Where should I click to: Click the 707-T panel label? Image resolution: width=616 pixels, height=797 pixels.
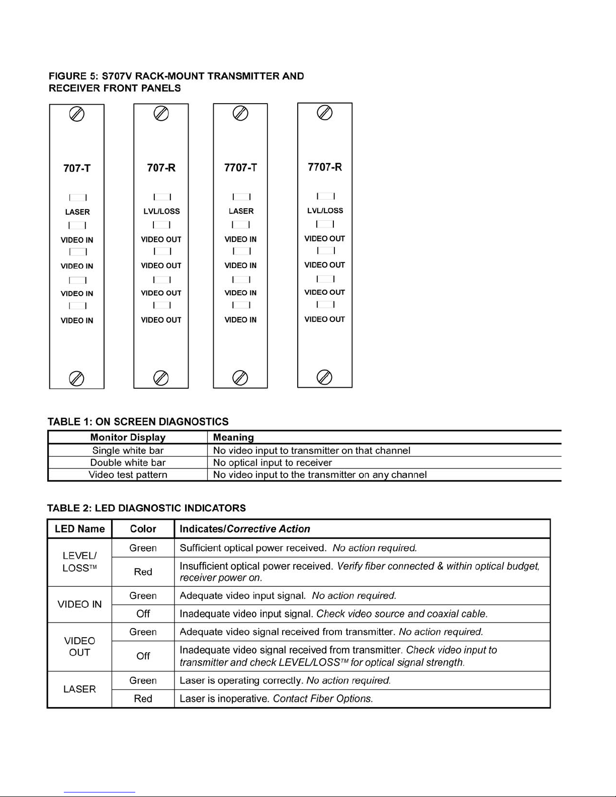tap(77, 168)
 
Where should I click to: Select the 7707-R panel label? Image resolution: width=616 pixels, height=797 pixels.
tap(325, 167)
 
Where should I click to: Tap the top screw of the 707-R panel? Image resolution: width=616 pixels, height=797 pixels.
tap(161, 114)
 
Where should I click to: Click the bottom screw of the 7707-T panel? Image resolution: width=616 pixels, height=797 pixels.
tap(240, 378)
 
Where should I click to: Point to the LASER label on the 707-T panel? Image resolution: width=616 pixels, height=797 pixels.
tap(77, 212)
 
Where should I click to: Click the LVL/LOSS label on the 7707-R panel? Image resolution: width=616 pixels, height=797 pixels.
tap(325, 211)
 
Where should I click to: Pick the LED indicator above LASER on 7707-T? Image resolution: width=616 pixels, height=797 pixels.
tap(241, 197)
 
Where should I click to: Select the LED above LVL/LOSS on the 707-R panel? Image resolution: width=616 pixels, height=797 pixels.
tap(162, 197)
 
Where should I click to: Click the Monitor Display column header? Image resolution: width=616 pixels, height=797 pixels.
tap(128, 437)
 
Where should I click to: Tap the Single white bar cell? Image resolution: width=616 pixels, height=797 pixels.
tap(128, 451)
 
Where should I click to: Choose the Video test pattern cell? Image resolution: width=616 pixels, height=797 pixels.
tap(128, 475)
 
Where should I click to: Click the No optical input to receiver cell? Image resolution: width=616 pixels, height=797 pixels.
tap(273, 463)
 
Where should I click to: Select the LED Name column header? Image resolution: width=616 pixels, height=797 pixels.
tap(79, 529)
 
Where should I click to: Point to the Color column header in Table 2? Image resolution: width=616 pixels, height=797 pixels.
tap(143, 529)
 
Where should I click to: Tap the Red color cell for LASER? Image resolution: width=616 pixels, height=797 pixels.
tap(143, 698)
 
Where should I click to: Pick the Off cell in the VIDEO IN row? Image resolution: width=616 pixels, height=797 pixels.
tap(143, 614)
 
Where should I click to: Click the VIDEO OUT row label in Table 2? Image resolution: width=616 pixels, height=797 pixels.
tap(79, 647)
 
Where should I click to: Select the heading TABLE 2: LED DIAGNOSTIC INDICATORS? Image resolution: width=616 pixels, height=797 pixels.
tap(146, 508)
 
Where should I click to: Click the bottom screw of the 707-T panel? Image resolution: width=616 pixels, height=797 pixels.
tap(76, 378)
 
